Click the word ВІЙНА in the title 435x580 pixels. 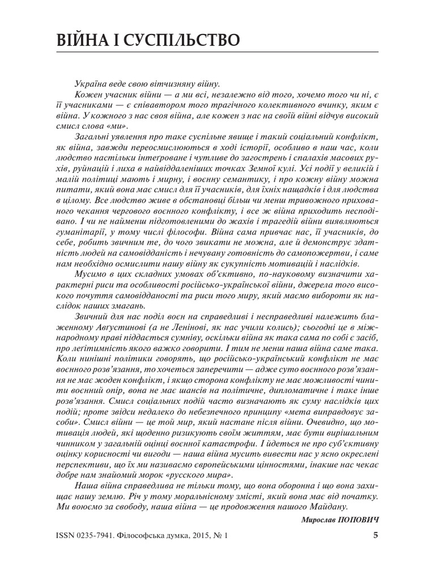point(85,40)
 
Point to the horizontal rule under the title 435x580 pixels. point(217,53)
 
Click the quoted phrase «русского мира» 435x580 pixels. point(198,475)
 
